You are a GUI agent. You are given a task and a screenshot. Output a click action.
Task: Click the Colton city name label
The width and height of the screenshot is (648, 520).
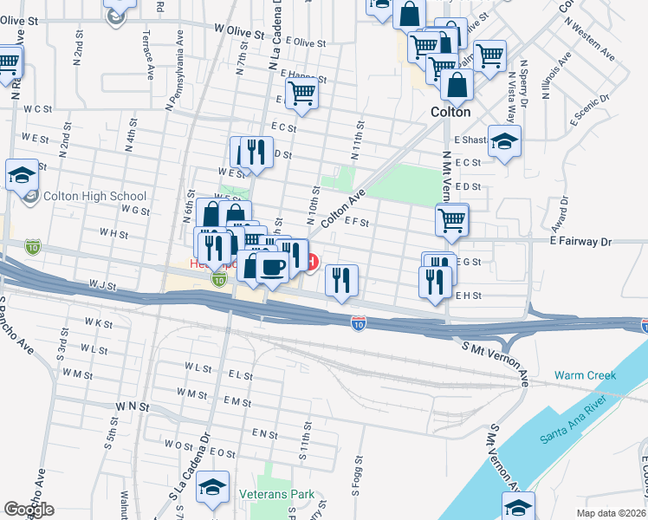coord(450,112)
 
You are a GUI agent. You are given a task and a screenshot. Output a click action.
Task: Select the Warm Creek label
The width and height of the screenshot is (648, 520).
coord(585,375)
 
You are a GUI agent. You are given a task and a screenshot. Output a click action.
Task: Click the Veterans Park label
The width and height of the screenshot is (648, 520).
coord(276,495)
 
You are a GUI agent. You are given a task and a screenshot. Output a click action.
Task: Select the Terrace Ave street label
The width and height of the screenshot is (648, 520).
coord(149,54)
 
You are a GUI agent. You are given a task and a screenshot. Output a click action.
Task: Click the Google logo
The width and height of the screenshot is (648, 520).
coord(29,510)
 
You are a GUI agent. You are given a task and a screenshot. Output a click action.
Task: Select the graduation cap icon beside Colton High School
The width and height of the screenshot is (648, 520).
coord(23,176)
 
